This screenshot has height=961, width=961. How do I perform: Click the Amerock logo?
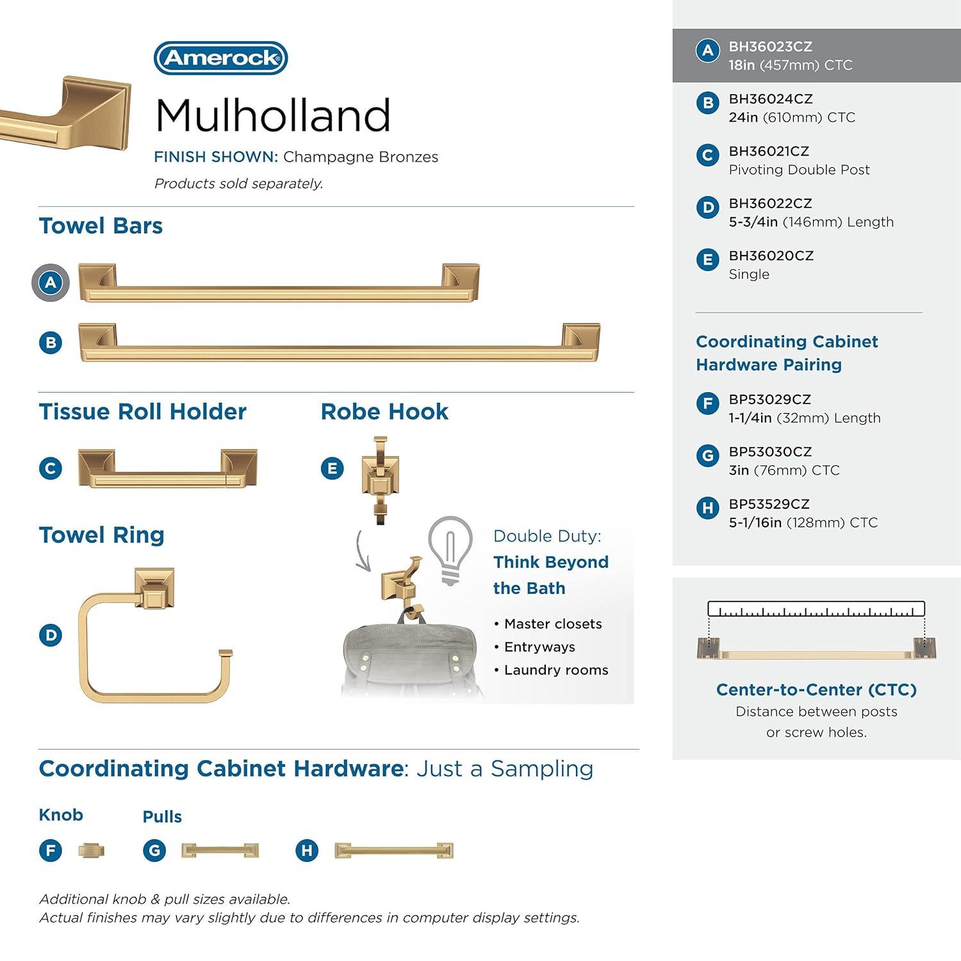point(220,58)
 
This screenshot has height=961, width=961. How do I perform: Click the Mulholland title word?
point(272,116)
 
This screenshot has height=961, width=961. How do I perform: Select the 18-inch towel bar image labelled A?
point(279,284)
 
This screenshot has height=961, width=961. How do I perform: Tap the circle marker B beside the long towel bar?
point(51,343)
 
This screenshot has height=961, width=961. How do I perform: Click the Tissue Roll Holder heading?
point(142,412)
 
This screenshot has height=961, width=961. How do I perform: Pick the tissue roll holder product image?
point(168,468)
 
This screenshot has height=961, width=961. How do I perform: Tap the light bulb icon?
point(450,550)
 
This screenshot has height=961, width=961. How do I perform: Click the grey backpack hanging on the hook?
point(410,657)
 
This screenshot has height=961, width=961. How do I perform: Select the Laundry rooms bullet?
point(555,670)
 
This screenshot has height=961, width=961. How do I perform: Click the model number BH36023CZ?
point(770,47)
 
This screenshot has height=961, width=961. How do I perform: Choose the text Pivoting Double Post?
point(799,170)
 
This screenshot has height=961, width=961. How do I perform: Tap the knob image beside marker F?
point(91,851)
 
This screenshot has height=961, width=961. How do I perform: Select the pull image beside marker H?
point(394,851)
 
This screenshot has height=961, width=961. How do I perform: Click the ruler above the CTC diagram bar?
point(816,609)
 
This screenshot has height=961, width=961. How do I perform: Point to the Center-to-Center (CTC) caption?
point(816,690)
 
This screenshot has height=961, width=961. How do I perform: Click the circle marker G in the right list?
point(707,456)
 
